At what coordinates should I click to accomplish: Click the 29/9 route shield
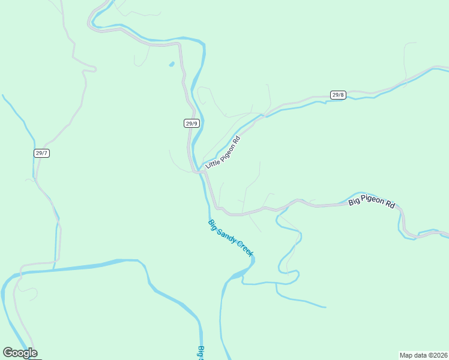[x=191, y=124]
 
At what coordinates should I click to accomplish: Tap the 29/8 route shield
[x=338, y=95]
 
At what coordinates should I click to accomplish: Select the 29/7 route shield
[x=41, y=153]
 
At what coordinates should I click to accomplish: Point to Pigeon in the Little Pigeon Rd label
[x=226, y=149]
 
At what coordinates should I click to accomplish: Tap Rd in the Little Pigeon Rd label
[x=237, y=140]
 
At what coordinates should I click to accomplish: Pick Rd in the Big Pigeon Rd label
[x=390, y=204]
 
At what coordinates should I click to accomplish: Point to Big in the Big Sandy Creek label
[x=212, y=224]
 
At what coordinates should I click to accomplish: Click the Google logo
[x=20, y=353]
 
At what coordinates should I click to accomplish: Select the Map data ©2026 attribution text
[x=423, y=355]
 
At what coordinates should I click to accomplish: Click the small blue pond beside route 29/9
[x=172, y=64]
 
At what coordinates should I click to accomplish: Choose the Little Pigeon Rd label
[x=223, y=152]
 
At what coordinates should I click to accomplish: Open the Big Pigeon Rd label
[x=372, y=202]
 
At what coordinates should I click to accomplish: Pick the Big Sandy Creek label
[x=231, y=238]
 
